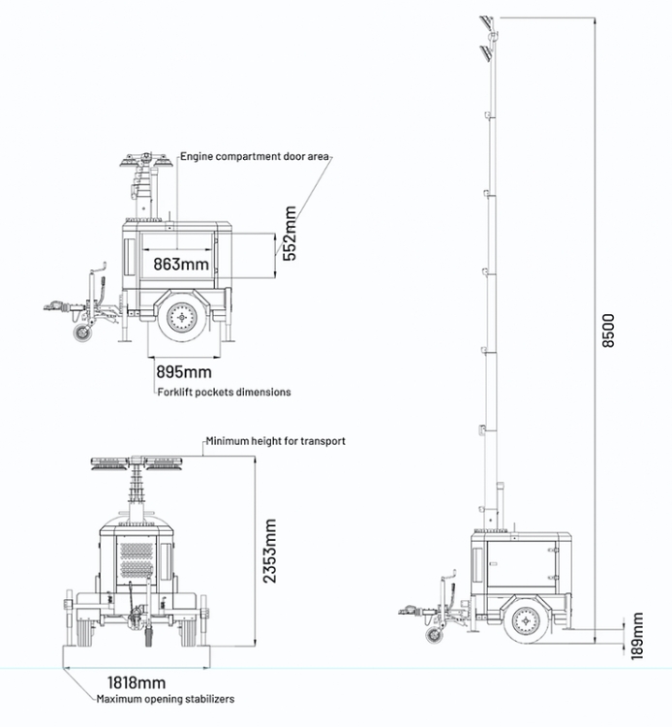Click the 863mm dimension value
click(180, 263)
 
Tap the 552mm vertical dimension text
click(290, 234)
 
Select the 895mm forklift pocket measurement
click(184, 372)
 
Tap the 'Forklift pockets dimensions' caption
click(224, 392)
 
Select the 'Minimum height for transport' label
click(274, 441)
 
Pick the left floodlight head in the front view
click(111, 464)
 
